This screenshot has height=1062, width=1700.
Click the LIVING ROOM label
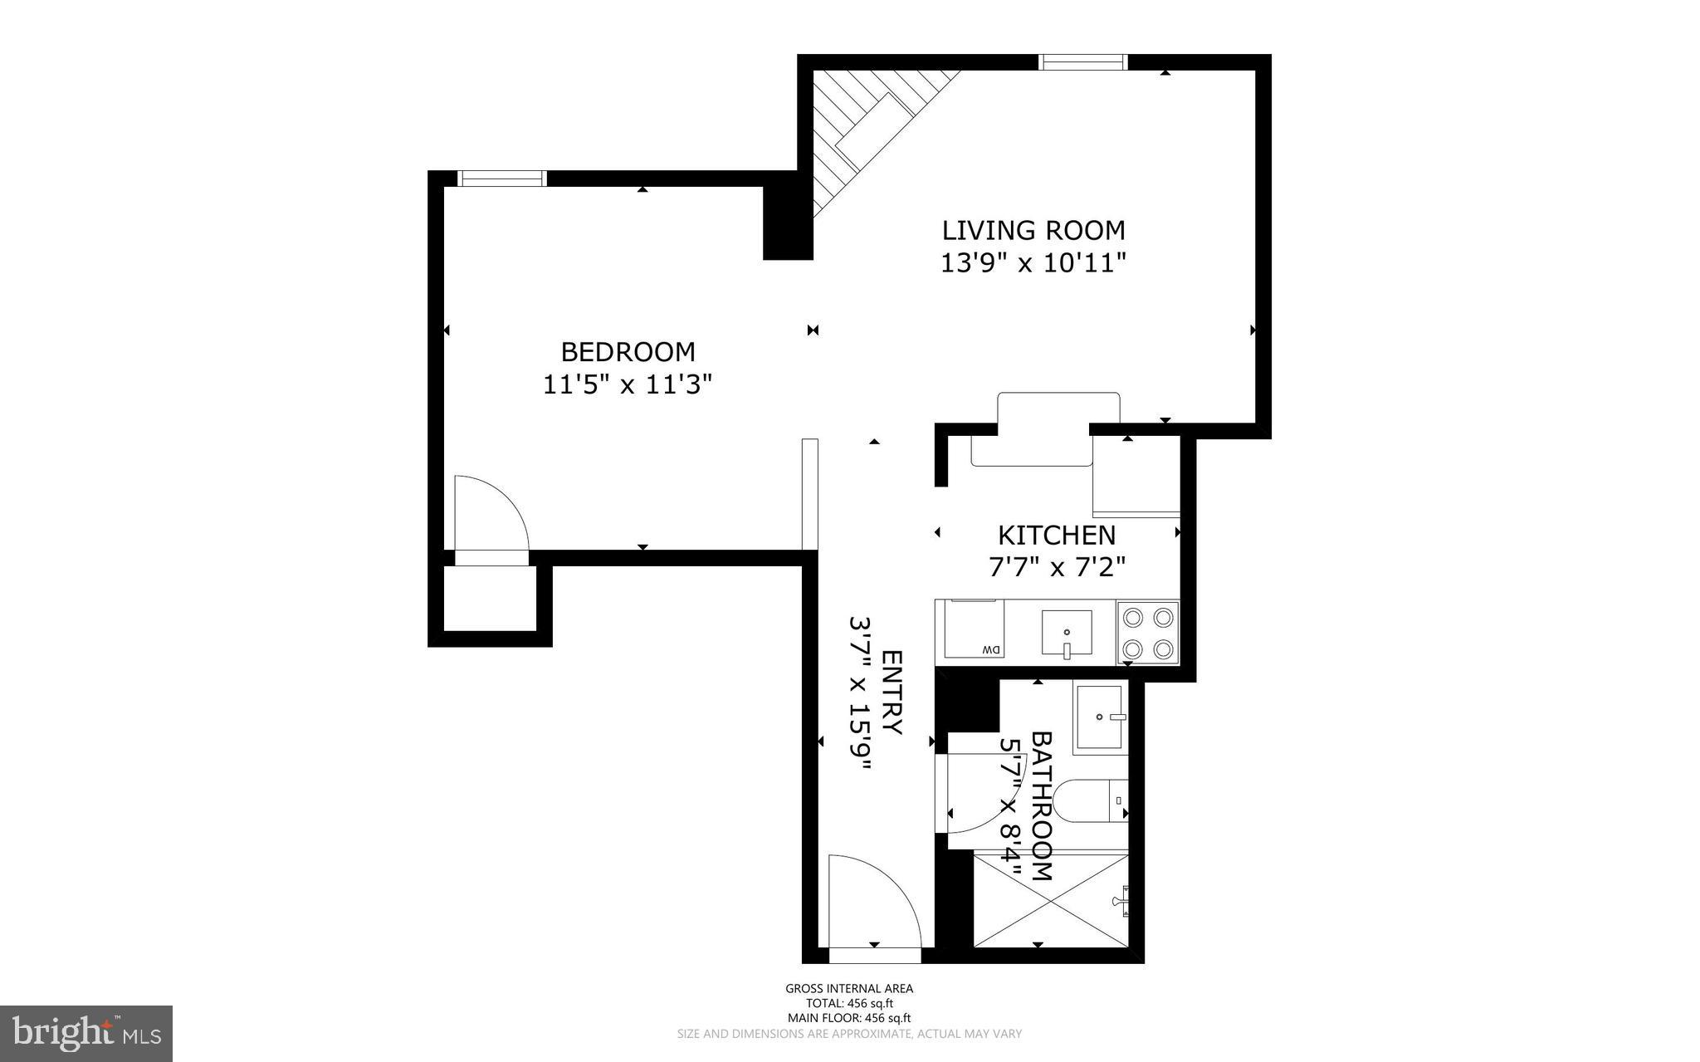pos(1033,230)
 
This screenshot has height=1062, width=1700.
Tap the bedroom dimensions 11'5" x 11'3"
pos(628,384)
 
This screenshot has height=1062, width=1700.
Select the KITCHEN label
pos(1056,536)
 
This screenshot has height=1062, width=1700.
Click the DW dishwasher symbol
pos(970,629)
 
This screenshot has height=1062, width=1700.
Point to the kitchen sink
pos(1067,634)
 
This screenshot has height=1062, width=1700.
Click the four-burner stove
pos(1148,633)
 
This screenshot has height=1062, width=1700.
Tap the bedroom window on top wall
pos(502,179)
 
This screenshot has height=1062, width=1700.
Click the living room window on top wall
pos(1083,62)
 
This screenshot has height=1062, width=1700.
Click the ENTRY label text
pos(891,692)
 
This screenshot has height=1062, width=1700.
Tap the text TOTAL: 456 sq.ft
pos(849,1003)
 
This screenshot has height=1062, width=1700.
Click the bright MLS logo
pos(86,1033)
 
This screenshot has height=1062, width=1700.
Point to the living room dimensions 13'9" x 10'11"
pos(1033,263)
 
